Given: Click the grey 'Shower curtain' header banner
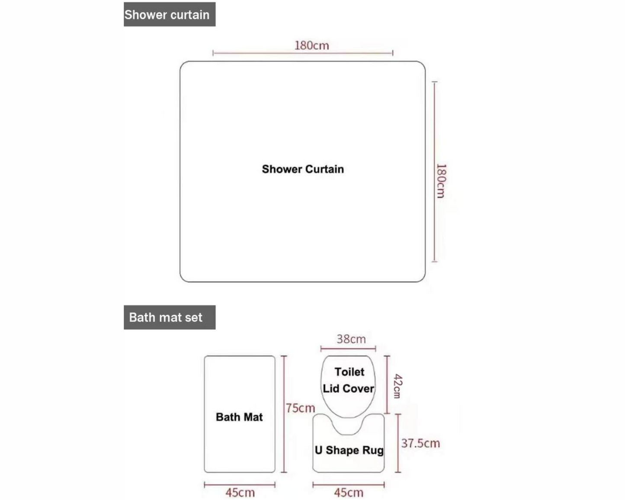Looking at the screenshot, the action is coord(170,14).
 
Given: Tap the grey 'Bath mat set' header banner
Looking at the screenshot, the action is coord(170,317).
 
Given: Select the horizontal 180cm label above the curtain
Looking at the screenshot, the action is coord(311,45).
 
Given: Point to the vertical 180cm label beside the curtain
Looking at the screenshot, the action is coord(441,181).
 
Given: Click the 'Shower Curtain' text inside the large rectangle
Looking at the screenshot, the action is coord(303,169).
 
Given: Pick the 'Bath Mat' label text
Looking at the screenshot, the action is coord(239,417).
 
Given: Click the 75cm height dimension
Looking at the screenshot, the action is coord(301,408).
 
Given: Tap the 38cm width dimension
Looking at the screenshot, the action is coord(351,339).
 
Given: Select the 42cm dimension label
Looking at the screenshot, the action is coord(398,386).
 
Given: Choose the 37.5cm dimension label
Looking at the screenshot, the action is coord(420,443).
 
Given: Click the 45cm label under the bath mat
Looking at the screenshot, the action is coord(240,493).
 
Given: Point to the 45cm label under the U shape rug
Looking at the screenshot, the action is coord(349,493).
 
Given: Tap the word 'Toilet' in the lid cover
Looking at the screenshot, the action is coord(349,372).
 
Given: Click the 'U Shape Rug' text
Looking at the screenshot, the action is coord(349,450).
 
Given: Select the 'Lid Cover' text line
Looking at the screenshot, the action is coord(349,388).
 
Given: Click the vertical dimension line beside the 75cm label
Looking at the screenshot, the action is coord(284,414).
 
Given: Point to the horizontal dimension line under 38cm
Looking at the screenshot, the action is coord(348,348).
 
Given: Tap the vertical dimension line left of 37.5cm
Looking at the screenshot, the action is coord(398,443).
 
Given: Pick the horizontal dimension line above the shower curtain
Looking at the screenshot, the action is coord(303,53).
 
